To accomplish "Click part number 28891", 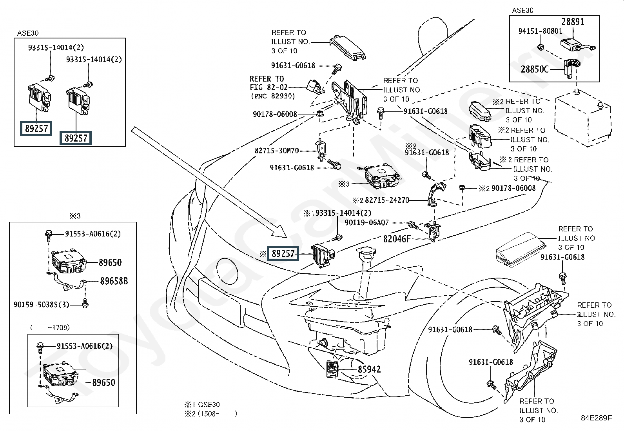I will click(x=573, y=22).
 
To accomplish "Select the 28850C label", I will click(x=535, y=69).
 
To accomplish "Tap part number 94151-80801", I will click(x=540, y=31).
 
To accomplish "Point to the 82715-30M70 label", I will click(x=277, y=151).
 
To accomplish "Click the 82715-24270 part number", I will click(x=387, y=200).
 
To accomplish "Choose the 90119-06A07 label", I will click(x=366, y=223).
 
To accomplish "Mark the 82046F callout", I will click(x=397, y=238).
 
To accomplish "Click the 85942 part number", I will click(x=369, y=369).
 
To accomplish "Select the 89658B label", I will click(x=114, y=281).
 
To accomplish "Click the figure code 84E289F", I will click(x=596, y=418).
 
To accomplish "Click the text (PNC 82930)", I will click(x=273, y=96).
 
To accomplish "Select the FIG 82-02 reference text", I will click(x=268, y=87).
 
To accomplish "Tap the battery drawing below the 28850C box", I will click(x=582, y=116).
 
